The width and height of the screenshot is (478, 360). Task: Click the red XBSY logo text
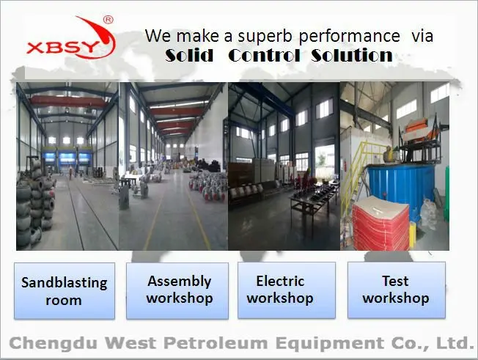[63, 48]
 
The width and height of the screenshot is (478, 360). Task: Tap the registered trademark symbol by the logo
[109, 20]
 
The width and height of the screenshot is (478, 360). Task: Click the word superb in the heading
[265, 37]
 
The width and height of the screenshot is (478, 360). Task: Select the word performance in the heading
[349, 37]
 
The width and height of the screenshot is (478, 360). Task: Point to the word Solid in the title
[189, 55]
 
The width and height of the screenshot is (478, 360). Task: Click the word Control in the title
[264, 55]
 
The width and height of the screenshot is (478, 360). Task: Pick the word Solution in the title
[352, 55]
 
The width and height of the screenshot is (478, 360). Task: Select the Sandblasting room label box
[65, 291]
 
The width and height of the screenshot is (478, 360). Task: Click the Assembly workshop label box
[177, 291]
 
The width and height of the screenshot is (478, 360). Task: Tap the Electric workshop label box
[287, 290]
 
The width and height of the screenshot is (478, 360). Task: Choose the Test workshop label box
[397, 290]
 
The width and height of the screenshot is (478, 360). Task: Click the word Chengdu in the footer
[54, 344]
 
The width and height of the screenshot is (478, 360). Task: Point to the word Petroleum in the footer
[216, 342]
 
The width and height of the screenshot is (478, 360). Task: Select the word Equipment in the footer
[330, 344]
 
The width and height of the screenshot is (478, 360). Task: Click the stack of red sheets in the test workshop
[381, 224]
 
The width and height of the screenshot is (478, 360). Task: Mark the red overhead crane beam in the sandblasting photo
[68, 101]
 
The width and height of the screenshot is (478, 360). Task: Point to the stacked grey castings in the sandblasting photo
[36, 202]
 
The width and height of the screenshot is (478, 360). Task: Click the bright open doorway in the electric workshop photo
[325, 162]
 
